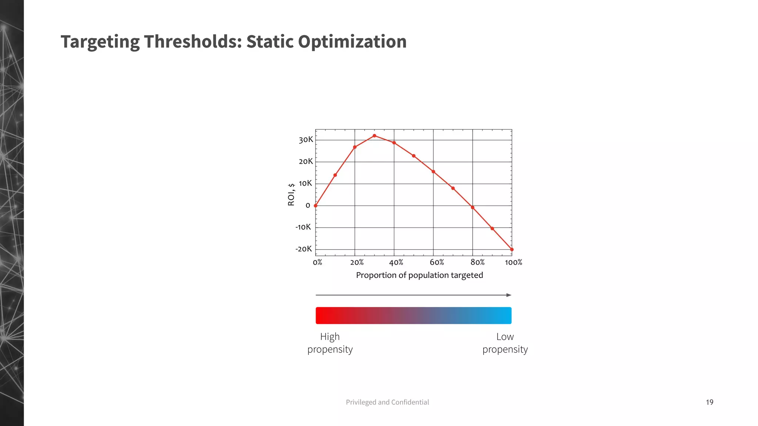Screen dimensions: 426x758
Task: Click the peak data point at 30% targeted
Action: coord(375,136)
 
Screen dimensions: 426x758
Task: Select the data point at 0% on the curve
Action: coord(316,206)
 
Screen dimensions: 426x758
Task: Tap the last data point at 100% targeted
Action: coord(512,250)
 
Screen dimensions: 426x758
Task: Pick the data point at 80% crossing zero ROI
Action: coord(473,207)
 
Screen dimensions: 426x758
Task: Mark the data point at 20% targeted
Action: coord(355,147)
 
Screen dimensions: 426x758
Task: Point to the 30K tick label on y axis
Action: coord(306,140)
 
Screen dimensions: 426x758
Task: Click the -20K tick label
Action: coord(303,249)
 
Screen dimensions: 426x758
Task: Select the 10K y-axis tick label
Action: coord(305,183)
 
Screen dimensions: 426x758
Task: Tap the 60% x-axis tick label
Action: coord(437,262)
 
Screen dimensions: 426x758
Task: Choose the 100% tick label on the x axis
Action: coord(513,262)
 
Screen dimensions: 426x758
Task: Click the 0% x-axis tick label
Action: coord(318,262)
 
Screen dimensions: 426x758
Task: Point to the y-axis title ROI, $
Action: coord(291,194)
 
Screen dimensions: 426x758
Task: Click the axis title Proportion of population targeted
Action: coord(419,275)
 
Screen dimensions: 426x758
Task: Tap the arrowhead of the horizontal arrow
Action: coord(509,295)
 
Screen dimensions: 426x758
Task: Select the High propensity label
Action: coord(330,343)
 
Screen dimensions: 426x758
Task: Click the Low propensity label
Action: coord(505,343)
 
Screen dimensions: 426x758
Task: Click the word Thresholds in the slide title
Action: coord(193,41)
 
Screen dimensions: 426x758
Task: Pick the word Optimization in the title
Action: coord(352,41)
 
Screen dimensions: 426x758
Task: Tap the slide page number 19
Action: coord(710,402)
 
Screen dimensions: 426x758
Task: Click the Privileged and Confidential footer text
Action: coord(387,402)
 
